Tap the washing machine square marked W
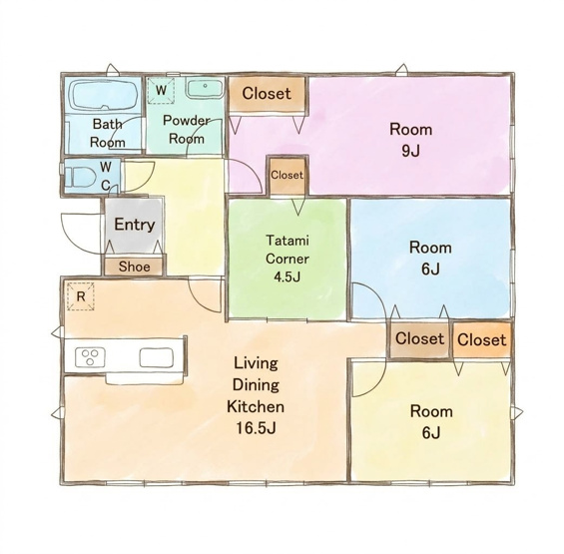tap(161, 90)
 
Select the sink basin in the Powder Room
tap(205, 88)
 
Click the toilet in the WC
tap(82, 178)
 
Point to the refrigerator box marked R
tap(81, 296)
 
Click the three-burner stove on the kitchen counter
tap(90, 357)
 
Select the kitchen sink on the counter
tap(157, 357)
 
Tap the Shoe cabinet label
tap(134, 267)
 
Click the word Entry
tap(135, 225)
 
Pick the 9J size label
tap(410, 151)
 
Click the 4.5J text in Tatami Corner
tap(287, 277)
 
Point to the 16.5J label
tap(256, 428)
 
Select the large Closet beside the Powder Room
tap(267, 94)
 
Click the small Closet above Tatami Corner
tap(287, 176)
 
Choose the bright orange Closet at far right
tap(481, 339)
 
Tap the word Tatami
tap(287, 241)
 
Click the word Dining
tap(256, 385)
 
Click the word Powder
tap(187, 121)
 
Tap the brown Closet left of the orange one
tap(420, 338)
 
